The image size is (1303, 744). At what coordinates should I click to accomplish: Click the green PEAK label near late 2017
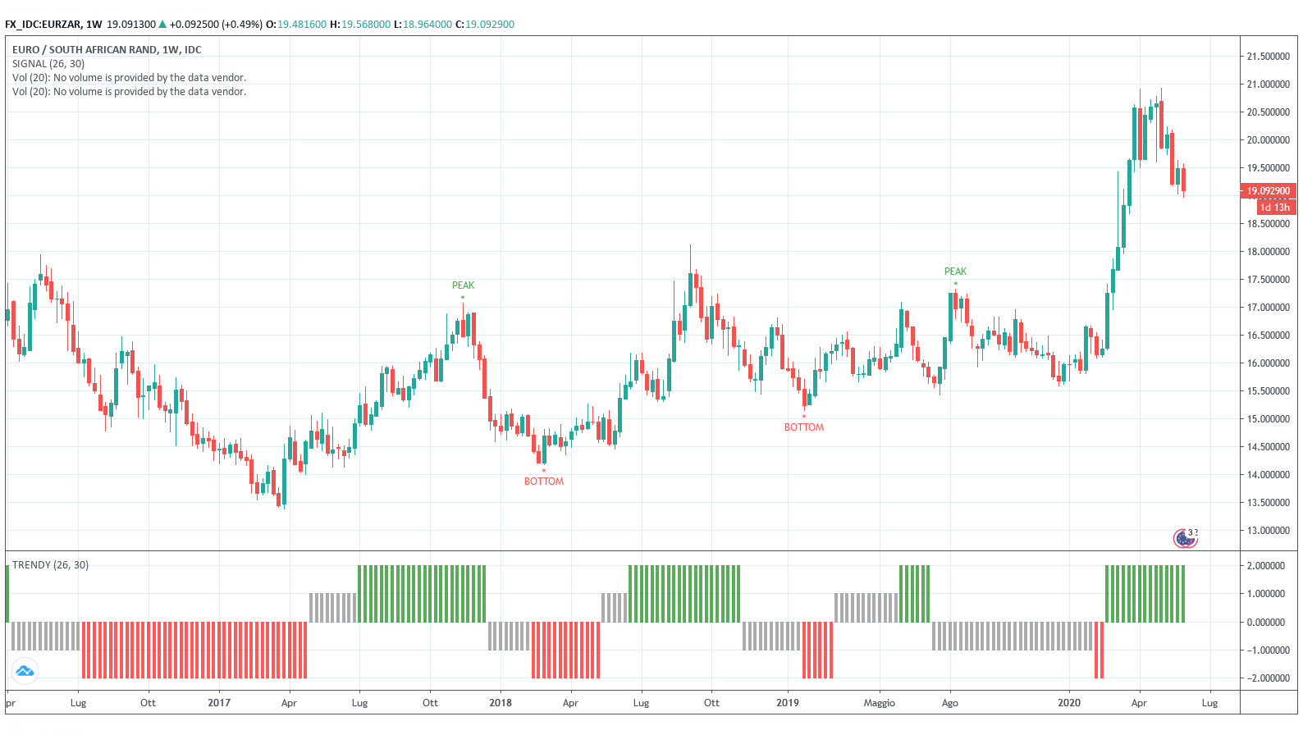[463, 285]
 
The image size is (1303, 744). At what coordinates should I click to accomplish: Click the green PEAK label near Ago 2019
[955, 272]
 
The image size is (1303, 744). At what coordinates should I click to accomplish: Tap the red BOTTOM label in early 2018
[544, 482]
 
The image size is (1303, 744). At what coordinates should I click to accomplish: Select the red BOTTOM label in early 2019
[803, 427]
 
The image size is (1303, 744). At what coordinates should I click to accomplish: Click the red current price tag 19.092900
[1268, 191]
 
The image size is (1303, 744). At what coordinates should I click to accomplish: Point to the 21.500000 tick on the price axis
[1268, 57]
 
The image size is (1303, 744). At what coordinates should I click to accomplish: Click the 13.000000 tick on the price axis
[1268, 531]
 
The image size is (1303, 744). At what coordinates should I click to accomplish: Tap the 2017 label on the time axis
[219, 703]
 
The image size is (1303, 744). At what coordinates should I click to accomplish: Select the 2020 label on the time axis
[1069, 703]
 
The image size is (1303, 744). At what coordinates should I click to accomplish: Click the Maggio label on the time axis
[879, 703]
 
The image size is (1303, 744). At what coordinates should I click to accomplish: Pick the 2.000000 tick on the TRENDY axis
[1266, 566]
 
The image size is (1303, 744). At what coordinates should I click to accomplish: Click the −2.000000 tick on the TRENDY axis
[1264, 678]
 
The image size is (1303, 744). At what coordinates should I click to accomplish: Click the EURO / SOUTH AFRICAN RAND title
[107, 50]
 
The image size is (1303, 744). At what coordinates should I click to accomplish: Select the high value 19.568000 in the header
[366, 25]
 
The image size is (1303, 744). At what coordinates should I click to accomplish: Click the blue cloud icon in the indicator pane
[25, 671]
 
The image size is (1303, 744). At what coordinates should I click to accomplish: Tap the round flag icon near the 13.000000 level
[1185, 538]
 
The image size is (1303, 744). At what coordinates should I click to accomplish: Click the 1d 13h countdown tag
[1275, 208]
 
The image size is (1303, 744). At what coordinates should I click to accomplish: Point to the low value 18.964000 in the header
[427, 25]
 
